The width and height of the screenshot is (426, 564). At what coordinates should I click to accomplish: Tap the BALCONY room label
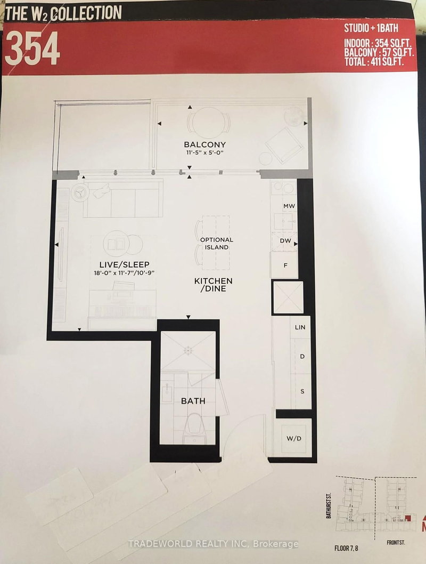click(x=204, y=144)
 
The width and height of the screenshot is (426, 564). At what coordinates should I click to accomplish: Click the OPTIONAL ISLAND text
click(x=216, y=244)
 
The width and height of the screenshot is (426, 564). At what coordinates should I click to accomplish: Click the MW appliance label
click(x=289, y=206)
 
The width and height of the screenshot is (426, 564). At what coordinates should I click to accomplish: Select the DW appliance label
click(x=285, y=241)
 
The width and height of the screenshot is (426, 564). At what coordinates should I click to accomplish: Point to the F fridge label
click(x=285, y=264)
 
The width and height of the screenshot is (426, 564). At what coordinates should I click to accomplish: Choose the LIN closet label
click(x=300, y=327)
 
